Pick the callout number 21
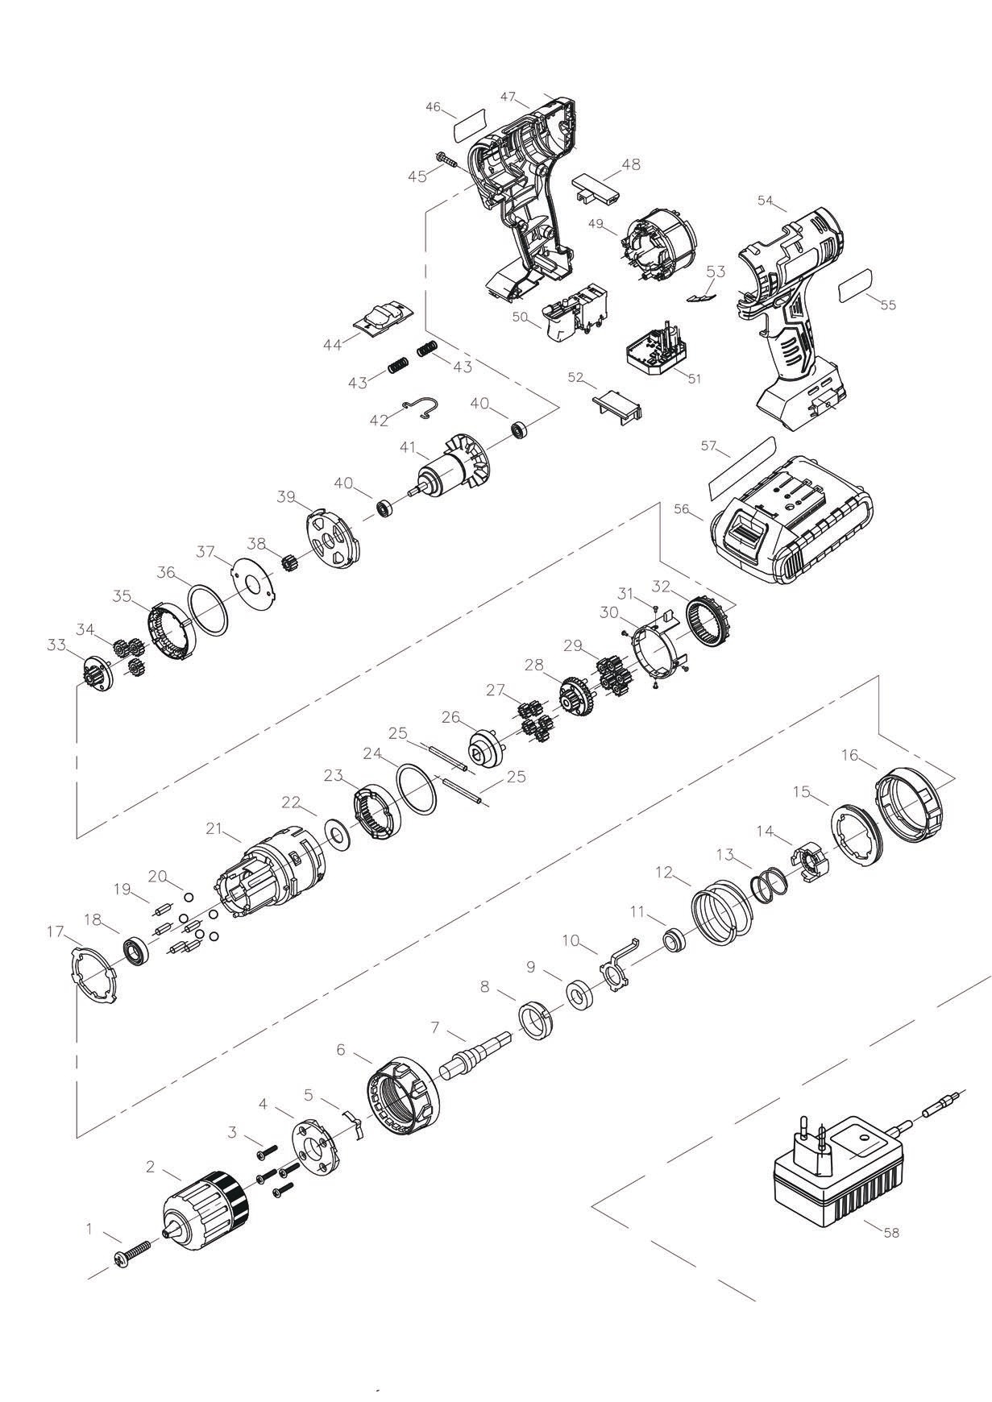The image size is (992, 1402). [214, 828]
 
